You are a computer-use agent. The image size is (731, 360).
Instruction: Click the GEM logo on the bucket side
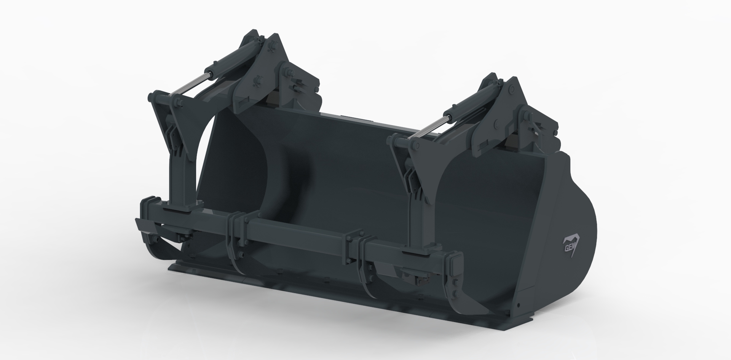click(x=571, y=242)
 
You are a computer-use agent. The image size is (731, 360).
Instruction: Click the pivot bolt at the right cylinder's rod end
click(x=415, y=145)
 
